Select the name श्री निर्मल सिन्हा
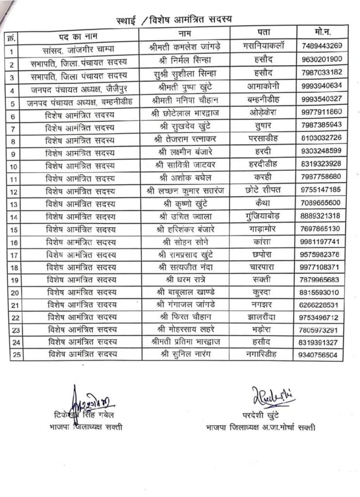pyautogui.click(x=184, y=60)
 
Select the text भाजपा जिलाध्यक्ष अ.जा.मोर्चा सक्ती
pyautogui.click(x=261, y=428)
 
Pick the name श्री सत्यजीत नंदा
pyautogui.click(x=184, y=267)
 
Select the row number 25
pyautogui.click(x=15, y=355)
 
